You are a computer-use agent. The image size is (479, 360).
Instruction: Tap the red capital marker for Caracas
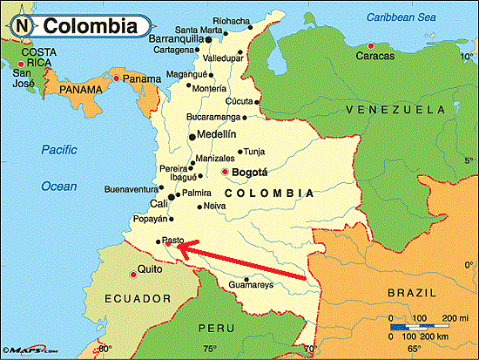pos(372,45)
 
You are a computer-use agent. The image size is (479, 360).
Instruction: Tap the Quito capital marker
pos(132,274)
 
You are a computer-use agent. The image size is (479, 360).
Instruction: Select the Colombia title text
pos(89,25)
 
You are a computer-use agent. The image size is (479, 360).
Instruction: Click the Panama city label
pos(141,79)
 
